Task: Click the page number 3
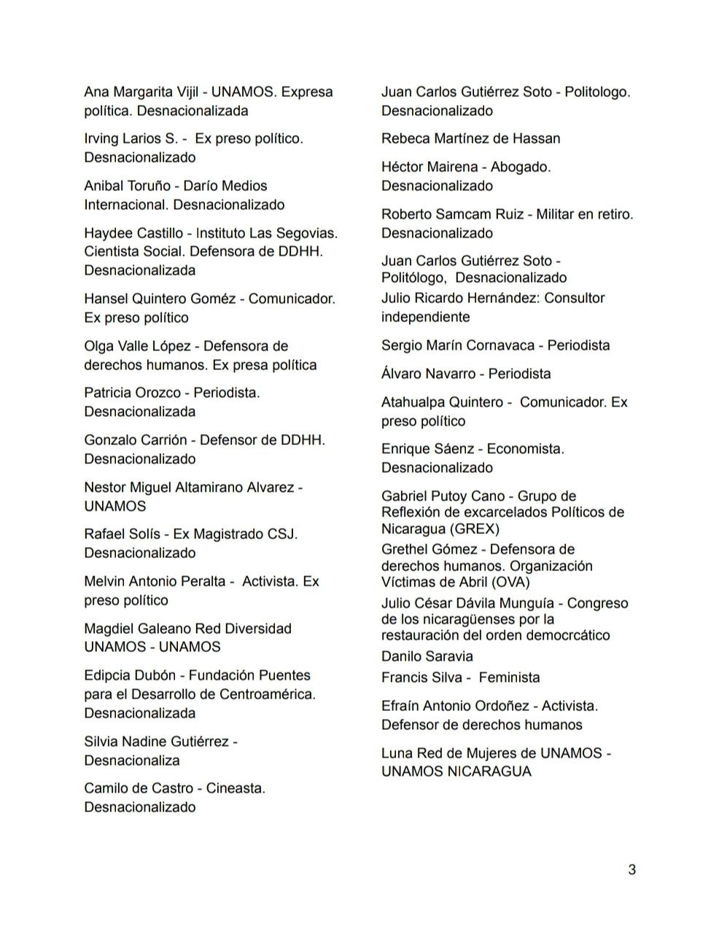tap(631, 869)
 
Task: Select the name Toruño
tap(150, 186)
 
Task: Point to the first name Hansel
tap(106, 299)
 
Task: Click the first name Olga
tap(98, 346)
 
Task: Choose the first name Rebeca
tap(405, 138)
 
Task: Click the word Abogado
tap(520, 167)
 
